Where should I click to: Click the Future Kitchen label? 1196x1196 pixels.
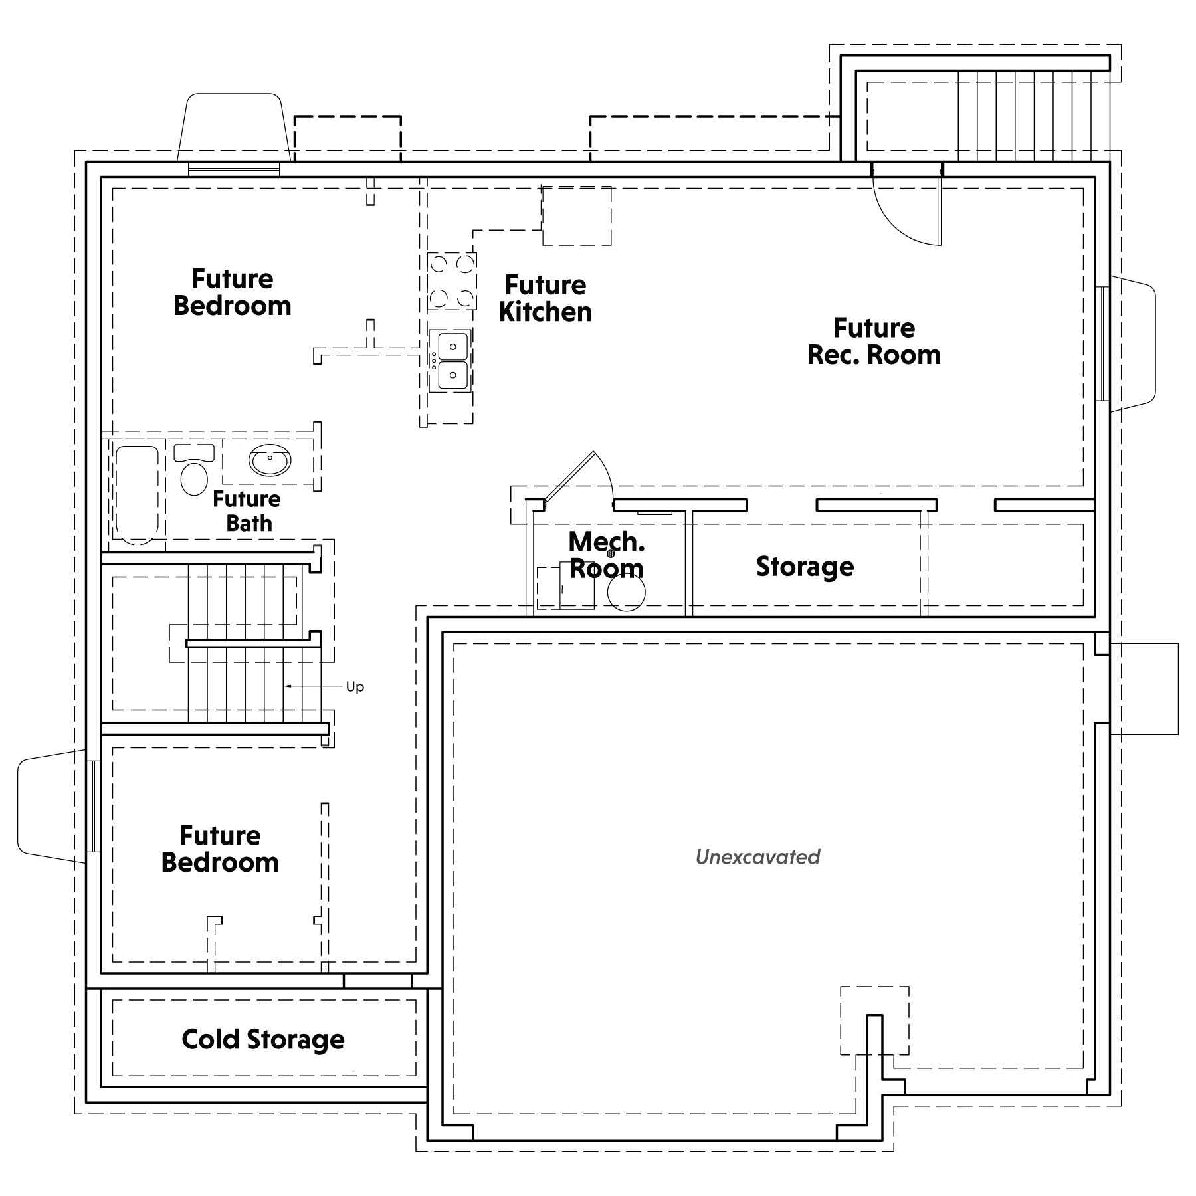click(x=546, y=298)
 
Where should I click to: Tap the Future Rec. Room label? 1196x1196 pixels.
click(x=874, y=342)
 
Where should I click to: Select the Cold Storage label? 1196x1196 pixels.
click(x=263, y=1039)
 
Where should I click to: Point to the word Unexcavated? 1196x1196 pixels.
click(x=757, y=856)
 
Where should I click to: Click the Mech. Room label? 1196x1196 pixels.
click(x=607, y=555)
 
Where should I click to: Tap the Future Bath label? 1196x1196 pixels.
click(x=247, y=511)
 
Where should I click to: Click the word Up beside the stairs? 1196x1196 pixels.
click(x=355, y=686)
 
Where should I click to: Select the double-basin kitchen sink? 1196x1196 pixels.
click(x=450, y=360)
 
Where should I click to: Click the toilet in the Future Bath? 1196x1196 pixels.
click(x=194, y=469)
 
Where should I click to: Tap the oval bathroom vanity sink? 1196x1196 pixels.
click(x=270, y=460)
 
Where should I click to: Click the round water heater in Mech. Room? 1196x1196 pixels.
click(x=626, y=592)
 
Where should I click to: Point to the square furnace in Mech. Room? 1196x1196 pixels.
click(x=565, y=587)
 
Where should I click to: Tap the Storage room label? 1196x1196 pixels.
click(x=805, y=567)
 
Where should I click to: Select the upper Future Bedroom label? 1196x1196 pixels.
click(x=233, y=292)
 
